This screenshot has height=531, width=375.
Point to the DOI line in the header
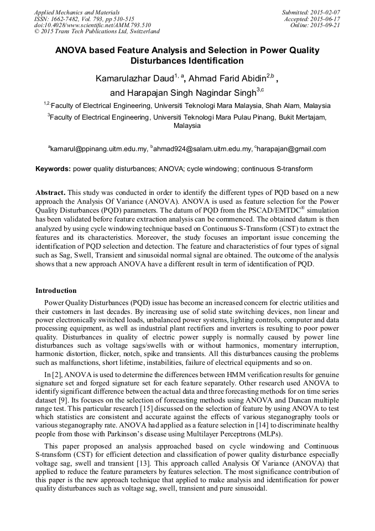[92, 25]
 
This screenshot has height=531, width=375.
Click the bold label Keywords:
[53, 169]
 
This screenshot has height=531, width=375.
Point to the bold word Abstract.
[50, 192]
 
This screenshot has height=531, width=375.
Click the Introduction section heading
[56, 290]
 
